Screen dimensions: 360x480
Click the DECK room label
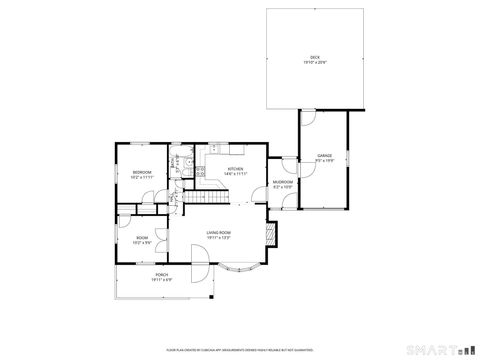[315, 57]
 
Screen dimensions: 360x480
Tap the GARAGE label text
[325, 156]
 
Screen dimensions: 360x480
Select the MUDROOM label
[282, 181]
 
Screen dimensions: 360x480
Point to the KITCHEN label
[236, 169]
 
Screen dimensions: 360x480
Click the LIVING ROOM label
[219, 233]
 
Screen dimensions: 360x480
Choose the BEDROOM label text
[142, 173]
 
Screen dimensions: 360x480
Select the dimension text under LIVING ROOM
[219, 238]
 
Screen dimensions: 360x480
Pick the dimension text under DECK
[315, 62]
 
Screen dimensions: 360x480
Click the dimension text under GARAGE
[325, 161]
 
